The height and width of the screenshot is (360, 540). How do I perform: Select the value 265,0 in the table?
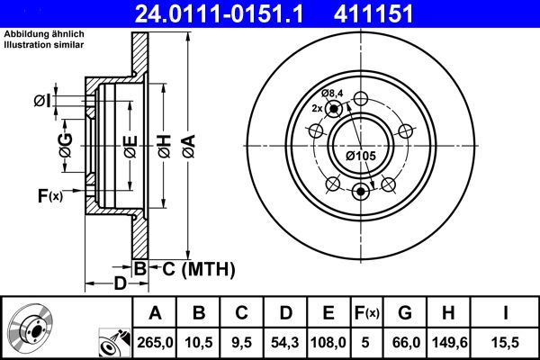(155, 341)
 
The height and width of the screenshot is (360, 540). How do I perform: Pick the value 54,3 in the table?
(284, 341)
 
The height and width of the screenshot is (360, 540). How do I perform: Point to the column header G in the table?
(405, 313)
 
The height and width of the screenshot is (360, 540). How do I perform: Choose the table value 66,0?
(405, 341)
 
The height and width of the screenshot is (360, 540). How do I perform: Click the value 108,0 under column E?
(328, 341)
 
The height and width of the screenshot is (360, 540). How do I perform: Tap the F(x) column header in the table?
(367, 313)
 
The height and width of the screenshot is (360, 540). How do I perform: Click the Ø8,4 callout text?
(333, 94)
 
